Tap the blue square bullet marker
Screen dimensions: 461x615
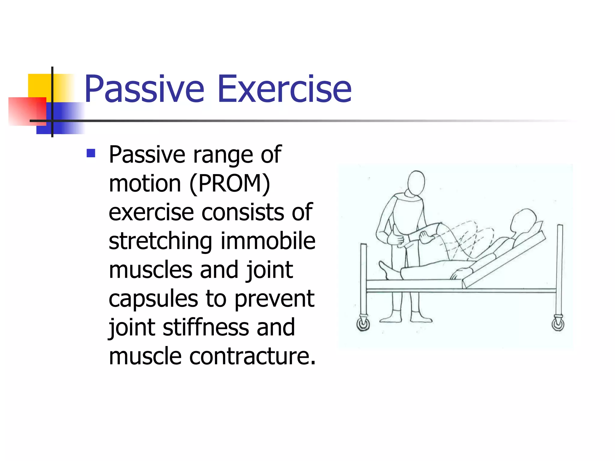(91, 153)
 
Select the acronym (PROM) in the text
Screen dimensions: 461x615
(230, 183)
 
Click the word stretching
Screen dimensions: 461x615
(160, 242)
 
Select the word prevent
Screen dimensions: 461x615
(274, 299)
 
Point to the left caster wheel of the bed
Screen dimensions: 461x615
(363, 324)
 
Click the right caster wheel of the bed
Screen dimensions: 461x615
(558, 324)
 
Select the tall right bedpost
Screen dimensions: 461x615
(559, 270)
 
